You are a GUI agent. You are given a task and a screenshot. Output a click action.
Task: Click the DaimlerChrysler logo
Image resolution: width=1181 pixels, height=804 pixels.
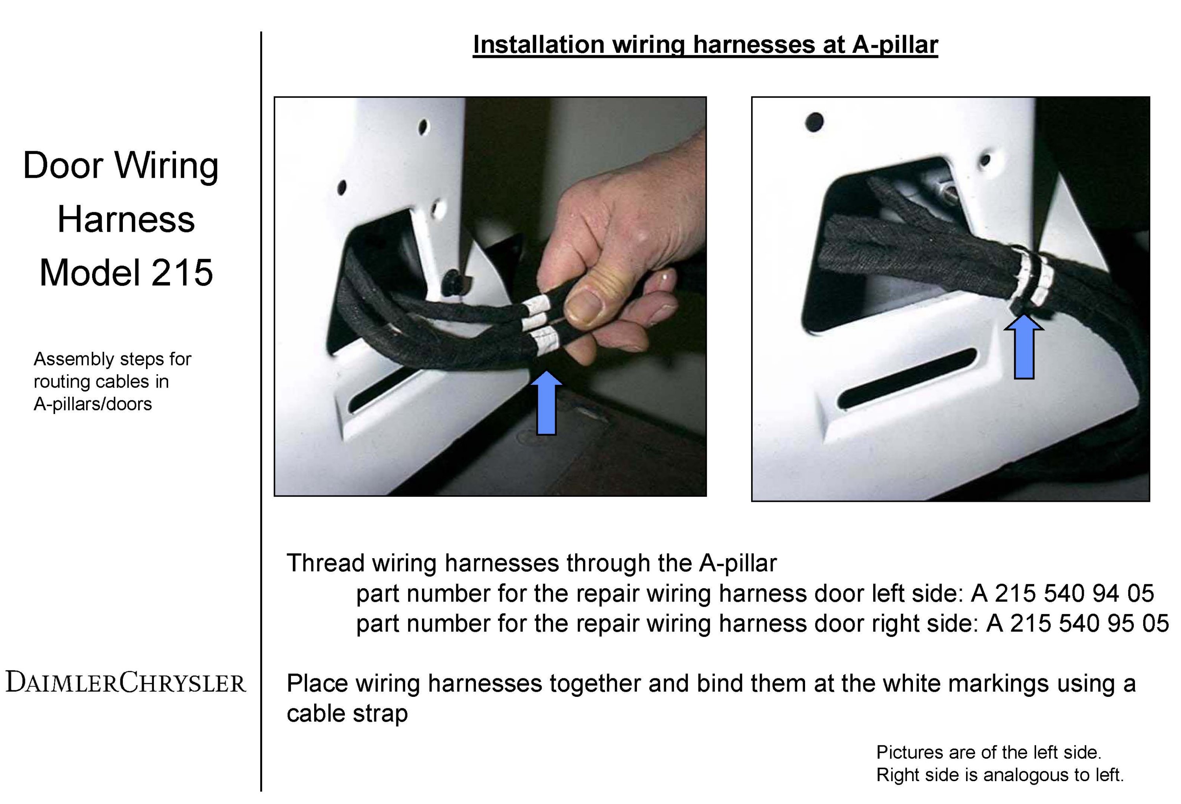pyautogui.click(x=126, y=682)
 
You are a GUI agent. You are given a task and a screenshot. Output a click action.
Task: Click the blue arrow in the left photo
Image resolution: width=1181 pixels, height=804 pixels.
pyautogui.click(x=546, y=402)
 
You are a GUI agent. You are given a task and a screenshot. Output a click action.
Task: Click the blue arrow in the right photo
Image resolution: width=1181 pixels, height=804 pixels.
pyautogui.click(x=1024, y=346)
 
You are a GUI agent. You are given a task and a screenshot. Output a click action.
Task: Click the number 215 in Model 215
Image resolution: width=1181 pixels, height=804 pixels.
pyautogui.click(x=182, y=273)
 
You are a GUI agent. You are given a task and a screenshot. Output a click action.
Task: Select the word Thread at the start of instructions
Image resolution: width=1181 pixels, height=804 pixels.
pyautogui.click(x=326, y=563)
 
